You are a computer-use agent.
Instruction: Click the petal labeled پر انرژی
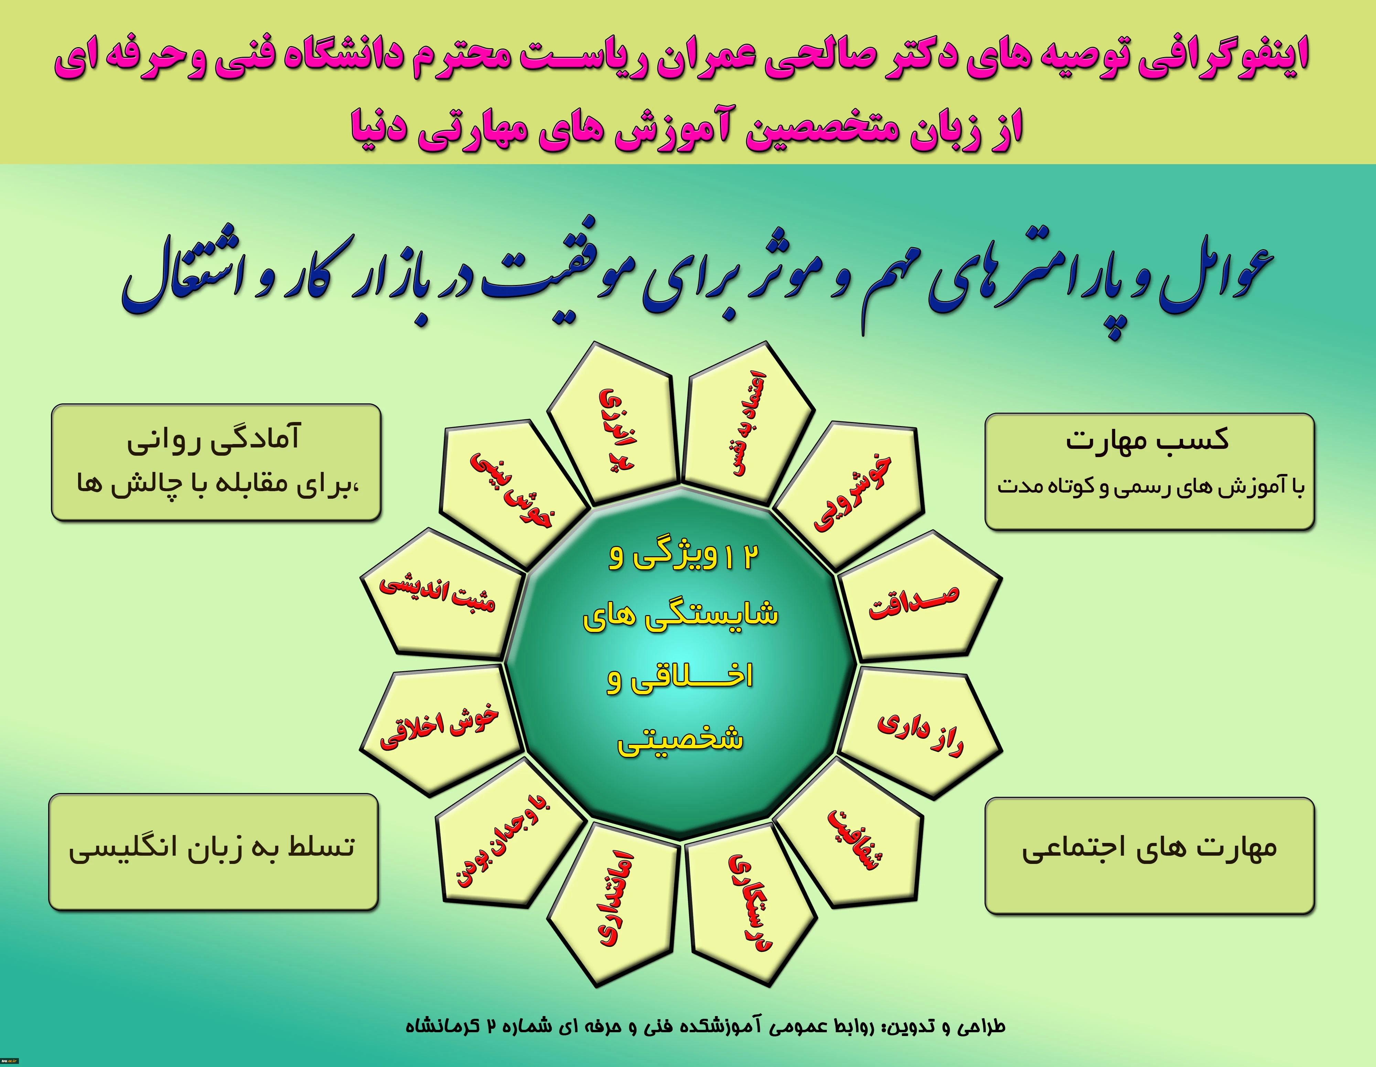coord(614,425)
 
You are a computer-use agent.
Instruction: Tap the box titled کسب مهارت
coord(1150,472)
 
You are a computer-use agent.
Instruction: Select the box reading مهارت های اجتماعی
coord(1150,855)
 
